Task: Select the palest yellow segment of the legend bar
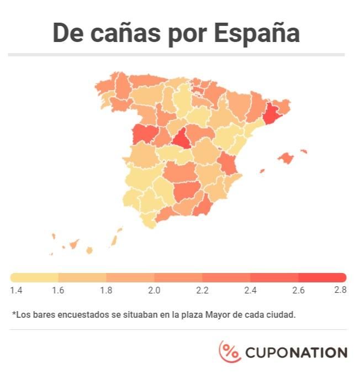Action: [x=34, y=277]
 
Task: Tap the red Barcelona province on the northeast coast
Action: [x=272, y=113]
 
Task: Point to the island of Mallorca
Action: [x=285, y=159]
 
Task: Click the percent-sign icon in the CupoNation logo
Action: [x=230, y=351]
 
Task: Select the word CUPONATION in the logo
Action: [x=296, y=353]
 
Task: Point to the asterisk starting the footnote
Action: [x=14, y=314]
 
